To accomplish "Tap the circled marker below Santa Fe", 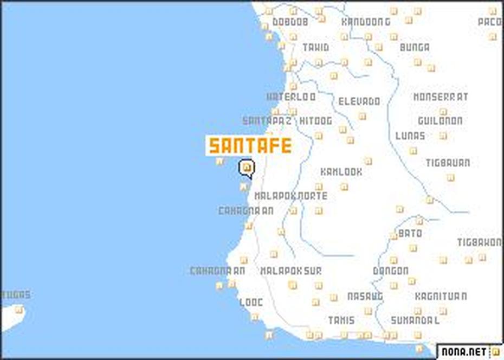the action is [247, 169].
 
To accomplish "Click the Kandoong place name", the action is [366, 22].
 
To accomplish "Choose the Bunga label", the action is [415, 48].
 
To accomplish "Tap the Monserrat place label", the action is [441, 98].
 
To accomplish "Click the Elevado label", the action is [359, 101].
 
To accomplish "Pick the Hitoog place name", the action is [315, 121].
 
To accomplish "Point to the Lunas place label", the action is [410, 136].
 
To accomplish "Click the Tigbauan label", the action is [447, 163].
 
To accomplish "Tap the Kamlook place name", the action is [341, 172].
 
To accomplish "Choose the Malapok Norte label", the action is [291, 196].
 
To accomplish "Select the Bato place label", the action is [410, 234].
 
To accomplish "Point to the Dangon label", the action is [390, 271].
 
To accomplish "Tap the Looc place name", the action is [251, 303].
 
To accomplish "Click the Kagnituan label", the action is [441, 297].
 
